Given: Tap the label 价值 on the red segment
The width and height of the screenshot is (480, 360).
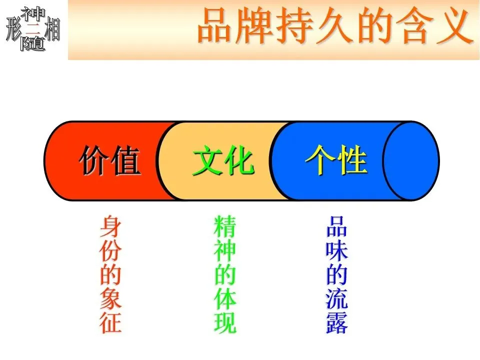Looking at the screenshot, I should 109,161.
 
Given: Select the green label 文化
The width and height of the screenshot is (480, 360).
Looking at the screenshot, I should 223,161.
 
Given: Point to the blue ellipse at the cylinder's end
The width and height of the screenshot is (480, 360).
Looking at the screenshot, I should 411,161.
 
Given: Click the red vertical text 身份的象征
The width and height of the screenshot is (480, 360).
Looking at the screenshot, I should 110,274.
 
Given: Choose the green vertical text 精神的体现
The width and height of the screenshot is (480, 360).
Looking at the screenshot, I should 224,274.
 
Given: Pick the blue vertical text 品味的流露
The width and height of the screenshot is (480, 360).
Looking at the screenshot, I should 336,274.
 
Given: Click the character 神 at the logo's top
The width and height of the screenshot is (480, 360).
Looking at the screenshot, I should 33,13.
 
